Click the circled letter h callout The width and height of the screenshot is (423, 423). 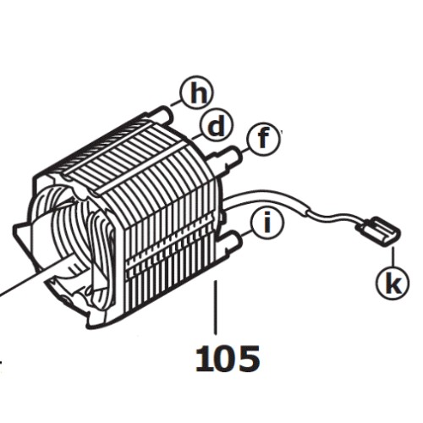197,92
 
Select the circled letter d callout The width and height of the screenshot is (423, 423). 217,127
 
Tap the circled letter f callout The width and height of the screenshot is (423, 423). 263,139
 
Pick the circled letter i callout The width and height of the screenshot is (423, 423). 267,223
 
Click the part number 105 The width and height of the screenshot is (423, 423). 228,359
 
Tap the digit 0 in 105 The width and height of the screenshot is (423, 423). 227,359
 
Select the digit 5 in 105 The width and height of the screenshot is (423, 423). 249,359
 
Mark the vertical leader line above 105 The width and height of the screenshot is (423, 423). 216,307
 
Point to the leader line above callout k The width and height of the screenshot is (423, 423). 393,256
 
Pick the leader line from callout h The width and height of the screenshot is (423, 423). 175,103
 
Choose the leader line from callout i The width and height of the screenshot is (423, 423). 246,234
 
